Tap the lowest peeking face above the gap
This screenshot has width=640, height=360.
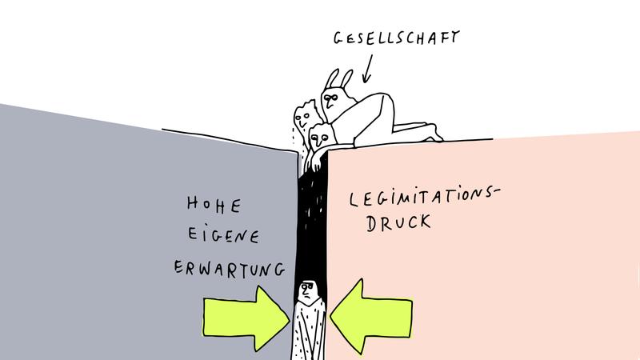click(x=320, y=138)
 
